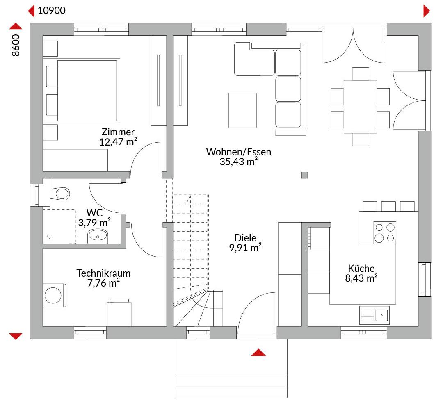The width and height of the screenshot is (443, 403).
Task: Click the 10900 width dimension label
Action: pyautogui.click(x=52, y=10)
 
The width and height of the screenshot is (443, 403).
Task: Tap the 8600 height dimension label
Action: pyautogui.click(x=16, y=45)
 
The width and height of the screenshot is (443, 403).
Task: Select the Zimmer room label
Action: pyautogui.click(x=118, y=132)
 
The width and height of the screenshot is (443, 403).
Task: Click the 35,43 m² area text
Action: pyautogui.click(x=239, y=162)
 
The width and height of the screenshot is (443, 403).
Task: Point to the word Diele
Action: pyautogui.click(x=245, y=238)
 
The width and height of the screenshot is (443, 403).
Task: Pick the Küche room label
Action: pyautogui.click(x=361, y=268)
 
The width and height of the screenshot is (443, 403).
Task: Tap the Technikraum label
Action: pyautogui.click(x=103, y=273)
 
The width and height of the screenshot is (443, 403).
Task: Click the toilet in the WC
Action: pyautogui.click(x=59, y=194)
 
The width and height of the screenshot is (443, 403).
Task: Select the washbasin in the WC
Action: pyautogui.click(x=98, y=236)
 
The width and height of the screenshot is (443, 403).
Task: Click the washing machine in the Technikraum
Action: pyautogui.click(x=54, y=296)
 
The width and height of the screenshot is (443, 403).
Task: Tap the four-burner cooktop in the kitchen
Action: pyautogui.click(x=385, y=233)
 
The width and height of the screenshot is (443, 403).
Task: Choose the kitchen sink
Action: pyautogui.click(x=374, y=315)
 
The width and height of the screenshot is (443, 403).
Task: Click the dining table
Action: pyautogui.click(x=360, y=107)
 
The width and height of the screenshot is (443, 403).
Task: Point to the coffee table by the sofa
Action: pyautogui.click(x=242, y=110)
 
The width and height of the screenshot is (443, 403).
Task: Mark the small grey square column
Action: pyautogui.click(x=304, y=175)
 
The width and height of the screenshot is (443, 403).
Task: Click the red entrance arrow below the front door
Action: pyautogui.click(x=258, y=352)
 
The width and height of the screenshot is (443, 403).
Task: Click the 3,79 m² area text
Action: pyautogui.click(x=94, y=223)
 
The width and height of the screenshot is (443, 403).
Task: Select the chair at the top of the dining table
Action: pyautogui.click(x=361, y=74)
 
